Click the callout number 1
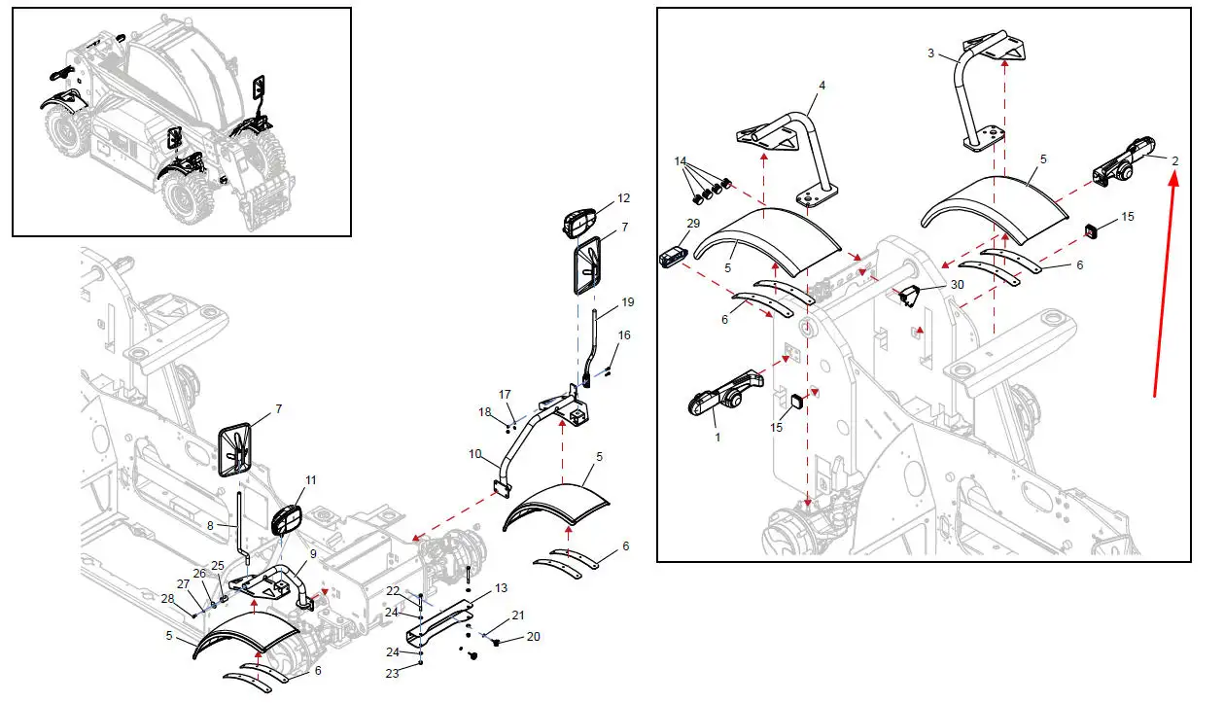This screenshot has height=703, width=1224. (x=717, y=438)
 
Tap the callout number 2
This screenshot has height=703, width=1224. (x=1174, y=160)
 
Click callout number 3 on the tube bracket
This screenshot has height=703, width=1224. (x=930, y=53)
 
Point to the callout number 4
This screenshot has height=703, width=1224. (x=822, y=86)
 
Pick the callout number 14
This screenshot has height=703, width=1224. (x=680, y=160)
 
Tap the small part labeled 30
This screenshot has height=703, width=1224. (x=910, y=295)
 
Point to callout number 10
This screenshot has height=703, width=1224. (x=475, y=454)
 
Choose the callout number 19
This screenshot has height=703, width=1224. (x=627, y=301)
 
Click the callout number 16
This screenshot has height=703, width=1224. (x=624, y=335)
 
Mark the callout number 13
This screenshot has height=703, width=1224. (x=501, y=588)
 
